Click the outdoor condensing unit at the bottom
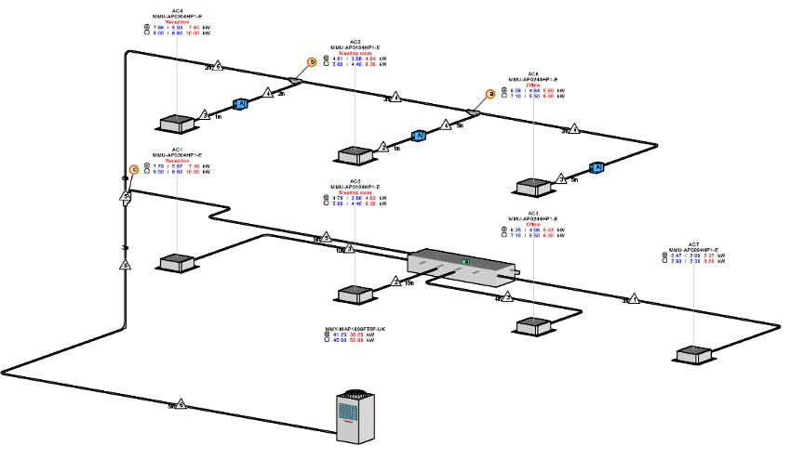(355, 414)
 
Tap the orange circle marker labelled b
(313, 62)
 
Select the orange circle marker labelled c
(134, 169)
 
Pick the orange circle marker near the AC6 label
(490, 93)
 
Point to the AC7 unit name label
(693, 243)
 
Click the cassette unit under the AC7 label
(694, 355)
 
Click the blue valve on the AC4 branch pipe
(239, 103)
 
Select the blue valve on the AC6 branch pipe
(597, 167)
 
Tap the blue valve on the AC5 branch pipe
(419, 136)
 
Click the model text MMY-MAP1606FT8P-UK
(355, 328)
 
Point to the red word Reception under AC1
(177, 160)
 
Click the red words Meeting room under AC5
(355, 54)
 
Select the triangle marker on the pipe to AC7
(635, 299)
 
